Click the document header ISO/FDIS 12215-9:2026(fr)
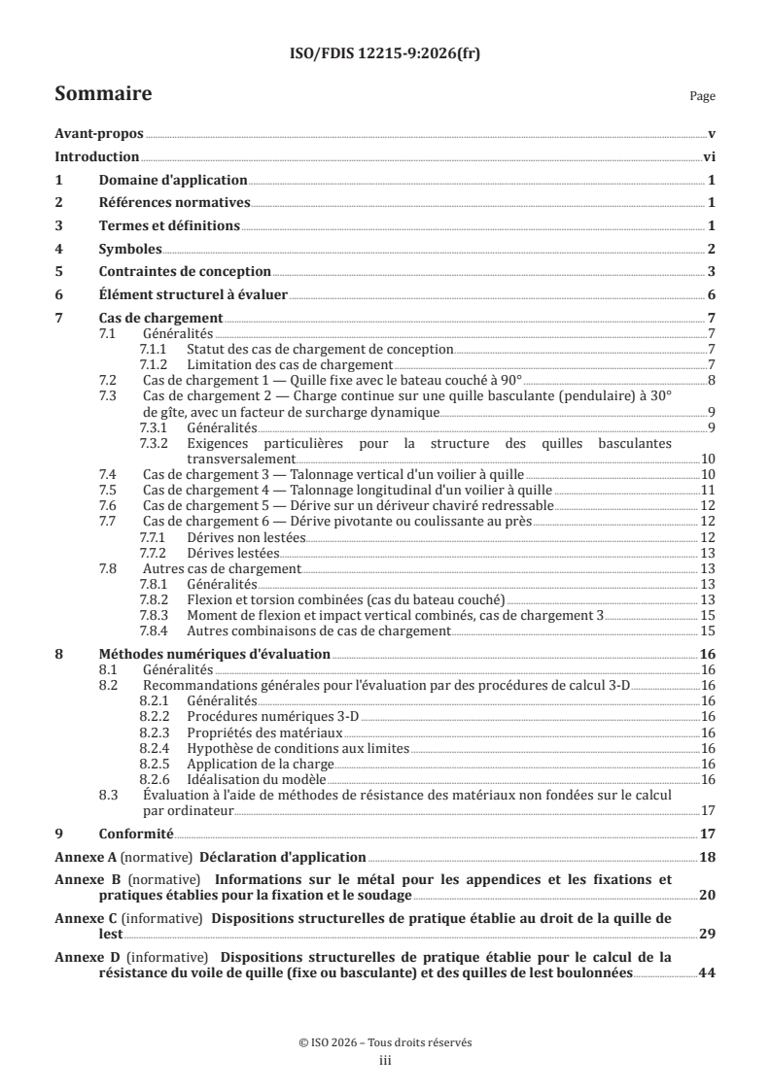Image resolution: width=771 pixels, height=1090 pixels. [x=385, y=54]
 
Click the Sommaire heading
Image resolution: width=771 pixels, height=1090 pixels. [x=102, y=94]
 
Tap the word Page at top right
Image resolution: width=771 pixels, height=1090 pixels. [x=702, y=96]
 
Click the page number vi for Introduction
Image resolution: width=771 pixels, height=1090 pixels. [x=710, y=157]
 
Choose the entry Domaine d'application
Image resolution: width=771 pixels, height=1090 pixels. [x=173, y=181]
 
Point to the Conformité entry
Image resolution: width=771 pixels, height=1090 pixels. [x=136, y=833]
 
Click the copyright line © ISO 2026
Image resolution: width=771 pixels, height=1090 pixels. [x=385, y=1042]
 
